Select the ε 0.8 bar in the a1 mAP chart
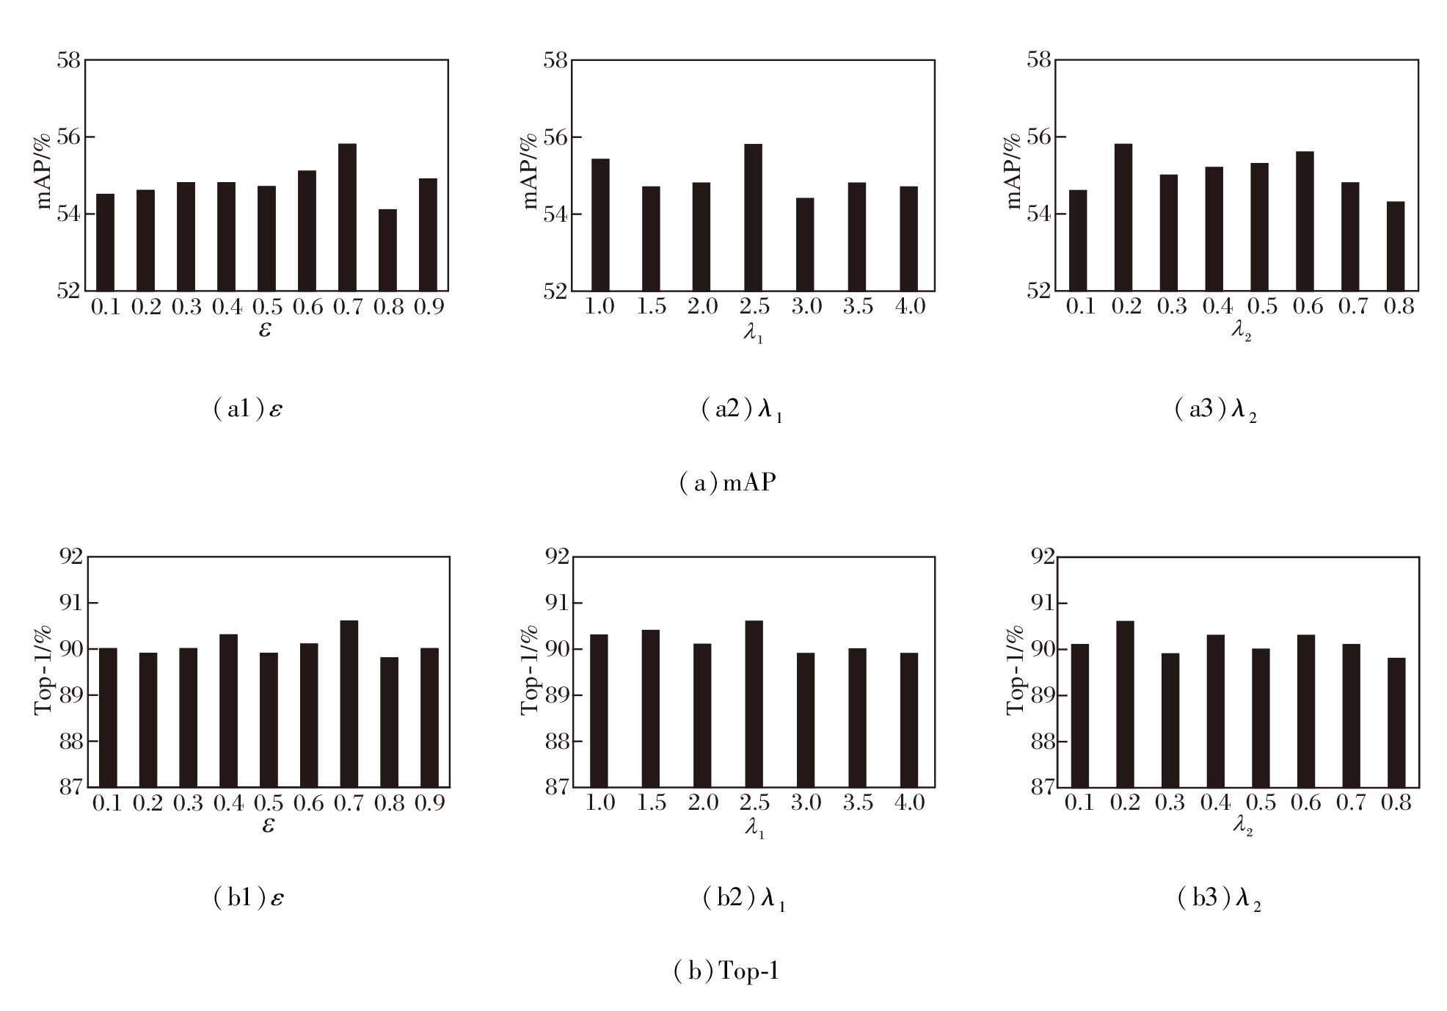pos(387,250)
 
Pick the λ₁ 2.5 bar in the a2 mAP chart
pos(753,217)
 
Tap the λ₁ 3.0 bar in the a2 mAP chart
pos(805,244)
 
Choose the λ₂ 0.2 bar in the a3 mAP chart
pos(1123,217)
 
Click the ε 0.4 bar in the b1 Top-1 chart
pos(228,711)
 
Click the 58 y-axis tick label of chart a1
pos(68,60)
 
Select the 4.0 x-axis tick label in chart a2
pos(910,306)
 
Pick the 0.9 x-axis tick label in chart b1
pos(430,803)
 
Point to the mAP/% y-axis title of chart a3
pos(1014,171)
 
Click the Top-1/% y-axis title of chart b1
pos(43,669)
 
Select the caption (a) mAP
pos(727,482)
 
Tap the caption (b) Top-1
pos(726,971)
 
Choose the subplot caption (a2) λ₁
pos(742,410)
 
